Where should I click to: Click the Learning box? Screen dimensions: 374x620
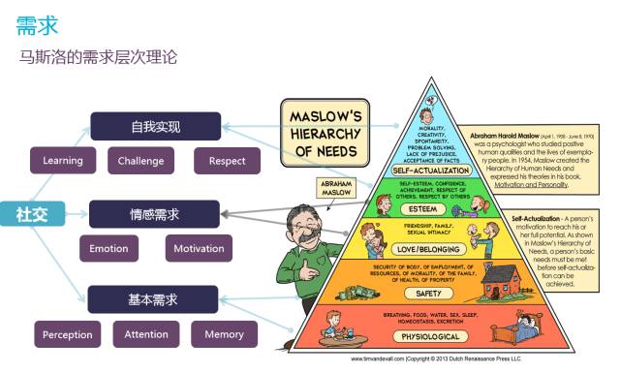pos(63,161)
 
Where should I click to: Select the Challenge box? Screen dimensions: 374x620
pos(140,161)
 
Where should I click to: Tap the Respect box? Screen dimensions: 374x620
pos(227,161)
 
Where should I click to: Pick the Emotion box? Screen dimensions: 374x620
pos(108,249)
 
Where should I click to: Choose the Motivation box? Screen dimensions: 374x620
pos(199,249)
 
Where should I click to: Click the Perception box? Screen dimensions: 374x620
pos(67,335)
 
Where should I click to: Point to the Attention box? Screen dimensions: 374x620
pos(146,335)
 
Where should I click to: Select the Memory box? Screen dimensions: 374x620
pos(224,335)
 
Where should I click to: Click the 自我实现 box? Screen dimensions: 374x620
pos(155,127)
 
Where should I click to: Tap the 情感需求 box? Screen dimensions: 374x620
pos(154,214)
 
